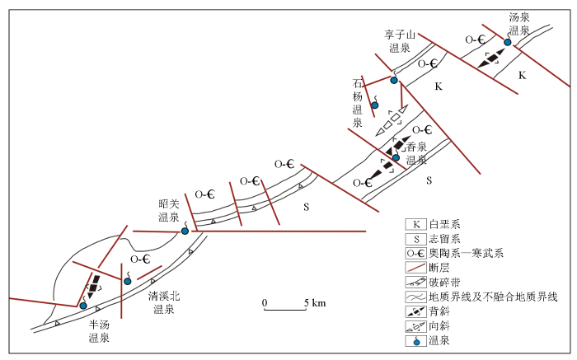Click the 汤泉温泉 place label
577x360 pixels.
tap(518, 24)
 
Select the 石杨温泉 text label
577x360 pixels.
tap(358, 103)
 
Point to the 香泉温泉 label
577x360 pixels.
tap(416, 153)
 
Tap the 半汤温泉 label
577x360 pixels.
tap(99, 331)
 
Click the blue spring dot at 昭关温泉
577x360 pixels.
tap(185, 231)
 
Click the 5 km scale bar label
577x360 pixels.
tap(316, 302)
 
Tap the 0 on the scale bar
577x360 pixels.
tap(265, 302)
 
